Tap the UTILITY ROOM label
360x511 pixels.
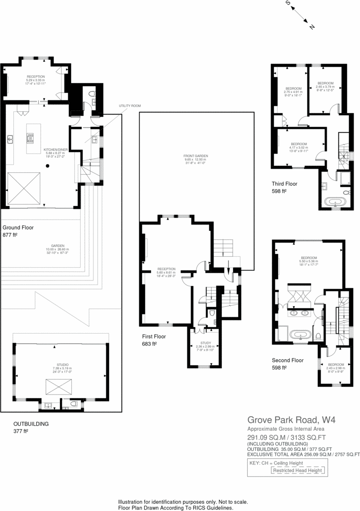[130, 106]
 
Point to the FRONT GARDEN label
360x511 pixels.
[196, 156]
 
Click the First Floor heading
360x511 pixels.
[154, 336]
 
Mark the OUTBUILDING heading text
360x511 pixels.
[31, 423]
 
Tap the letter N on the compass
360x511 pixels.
[312, 27]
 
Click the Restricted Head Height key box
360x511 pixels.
[298, 471]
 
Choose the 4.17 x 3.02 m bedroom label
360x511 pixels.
[299, 147]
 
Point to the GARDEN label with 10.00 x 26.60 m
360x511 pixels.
[57, 249]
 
